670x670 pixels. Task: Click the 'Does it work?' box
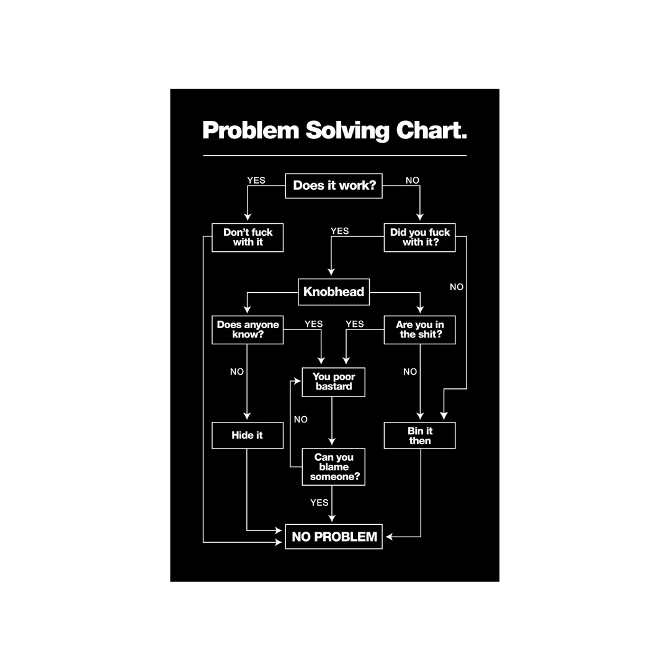[334, 185]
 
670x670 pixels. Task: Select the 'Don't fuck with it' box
[248, 238]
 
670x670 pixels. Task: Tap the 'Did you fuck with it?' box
[419, 238]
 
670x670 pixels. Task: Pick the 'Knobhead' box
[334, 292]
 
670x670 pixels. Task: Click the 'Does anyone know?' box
[248, 329]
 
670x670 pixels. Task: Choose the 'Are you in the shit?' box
[419, 329]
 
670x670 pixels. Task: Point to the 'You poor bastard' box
[333, 382]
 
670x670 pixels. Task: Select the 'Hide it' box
[248, 435]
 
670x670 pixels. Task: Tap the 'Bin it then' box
[419, 435]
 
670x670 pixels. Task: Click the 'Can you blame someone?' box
[333, 467]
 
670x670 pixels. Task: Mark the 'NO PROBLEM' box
[334, 537]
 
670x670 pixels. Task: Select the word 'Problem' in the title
[251, 131]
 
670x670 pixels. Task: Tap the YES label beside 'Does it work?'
[256, 181]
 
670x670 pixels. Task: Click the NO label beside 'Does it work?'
[413, 181]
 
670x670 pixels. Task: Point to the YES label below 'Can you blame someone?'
[319, 502]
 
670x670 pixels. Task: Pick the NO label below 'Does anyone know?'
[237, 372]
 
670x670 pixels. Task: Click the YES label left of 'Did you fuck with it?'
[339, 231]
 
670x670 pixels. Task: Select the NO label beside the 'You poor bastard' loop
[301, 419]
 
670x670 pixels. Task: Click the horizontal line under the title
[334, 155]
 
